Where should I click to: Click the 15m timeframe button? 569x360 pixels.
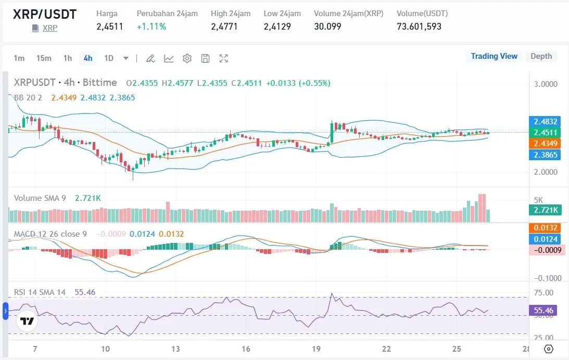point(44,58)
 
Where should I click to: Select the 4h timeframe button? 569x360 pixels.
point(88,58)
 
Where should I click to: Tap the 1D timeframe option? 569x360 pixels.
point(109,58)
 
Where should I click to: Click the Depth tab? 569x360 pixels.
point(541,56)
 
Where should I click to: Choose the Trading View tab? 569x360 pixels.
point(494,56)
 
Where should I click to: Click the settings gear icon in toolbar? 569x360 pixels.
point(187,58)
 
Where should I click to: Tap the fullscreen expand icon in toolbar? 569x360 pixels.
point(224,58)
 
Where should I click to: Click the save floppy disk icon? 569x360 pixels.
point(206,58)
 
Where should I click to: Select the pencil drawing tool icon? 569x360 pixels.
point(150,58)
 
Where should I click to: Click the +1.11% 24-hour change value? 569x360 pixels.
point(151,26)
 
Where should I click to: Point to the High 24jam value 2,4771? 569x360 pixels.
point(224,26)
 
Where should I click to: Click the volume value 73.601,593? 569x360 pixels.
point(419,26)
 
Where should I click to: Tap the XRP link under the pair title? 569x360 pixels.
point(50,28)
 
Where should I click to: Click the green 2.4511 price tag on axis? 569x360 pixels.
point(544,132)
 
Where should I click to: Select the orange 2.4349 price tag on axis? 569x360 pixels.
point(544,143)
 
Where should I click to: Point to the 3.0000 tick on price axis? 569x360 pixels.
point(546,84)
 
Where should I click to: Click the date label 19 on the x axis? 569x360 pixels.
point(316,349)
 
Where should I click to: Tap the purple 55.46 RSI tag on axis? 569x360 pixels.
point(544,311)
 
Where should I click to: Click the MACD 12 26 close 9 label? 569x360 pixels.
point(50,234)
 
